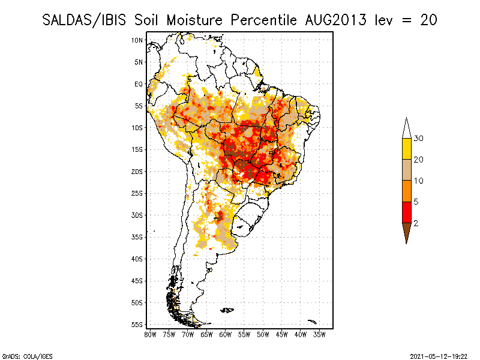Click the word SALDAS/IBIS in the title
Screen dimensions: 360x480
(x=85, y=20)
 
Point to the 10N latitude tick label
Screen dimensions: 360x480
(x=137, y=40)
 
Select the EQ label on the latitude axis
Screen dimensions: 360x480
(x=139, y=84)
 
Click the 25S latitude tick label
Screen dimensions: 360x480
(x=137, y=193)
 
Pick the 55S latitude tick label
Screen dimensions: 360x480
(x=137, y=325)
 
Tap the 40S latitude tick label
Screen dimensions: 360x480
(x=137, y=259)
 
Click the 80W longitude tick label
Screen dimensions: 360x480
(x=150, y=334)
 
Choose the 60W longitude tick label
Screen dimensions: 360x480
(x=226, y=334)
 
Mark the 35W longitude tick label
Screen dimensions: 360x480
(x=320, y=334)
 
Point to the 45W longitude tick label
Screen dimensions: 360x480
(x=282, y=334)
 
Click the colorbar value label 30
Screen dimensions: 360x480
(x=419, y=139)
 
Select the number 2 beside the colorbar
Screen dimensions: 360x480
(x=416, y=223)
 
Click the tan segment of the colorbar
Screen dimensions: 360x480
(x=406, y=170)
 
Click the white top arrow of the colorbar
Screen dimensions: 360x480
(x=406, y=128)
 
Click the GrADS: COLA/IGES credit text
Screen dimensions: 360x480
(x=21, y=355)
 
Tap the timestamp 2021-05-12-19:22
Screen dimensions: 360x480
(x=440, y=355)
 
